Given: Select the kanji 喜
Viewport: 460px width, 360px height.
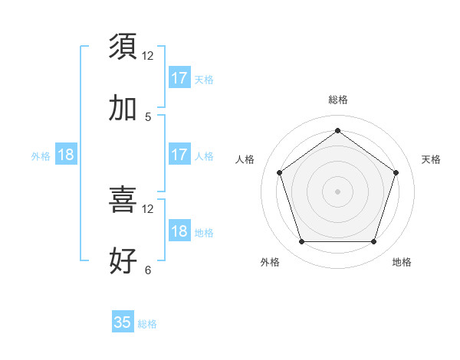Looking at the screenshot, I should click(123, 200).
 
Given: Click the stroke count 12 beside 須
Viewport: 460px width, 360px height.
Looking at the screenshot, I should click(148, 55).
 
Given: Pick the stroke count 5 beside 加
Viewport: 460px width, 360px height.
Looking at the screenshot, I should click(148, 117).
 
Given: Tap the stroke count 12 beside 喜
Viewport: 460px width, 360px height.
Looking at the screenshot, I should click(148, 209).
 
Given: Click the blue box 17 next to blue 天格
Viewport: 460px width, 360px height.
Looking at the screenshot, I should click(179, 78).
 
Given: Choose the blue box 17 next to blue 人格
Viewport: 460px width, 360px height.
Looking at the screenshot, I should click(179, 155).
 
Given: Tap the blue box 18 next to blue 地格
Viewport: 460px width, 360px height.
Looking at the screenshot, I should click(179, 231).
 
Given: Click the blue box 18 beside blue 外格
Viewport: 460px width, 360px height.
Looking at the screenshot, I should click(66, 155).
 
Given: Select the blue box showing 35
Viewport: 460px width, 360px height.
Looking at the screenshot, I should click(123, 322).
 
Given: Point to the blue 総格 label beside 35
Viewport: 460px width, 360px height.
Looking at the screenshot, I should click(147, 324).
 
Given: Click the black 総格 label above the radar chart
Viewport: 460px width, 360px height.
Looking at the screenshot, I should click(337, 100).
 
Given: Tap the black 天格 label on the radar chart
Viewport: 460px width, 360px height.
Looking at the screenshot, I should click(431, 159).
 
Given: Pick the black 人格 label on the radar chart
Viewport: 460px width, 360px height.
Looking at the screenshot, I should click(245, 159).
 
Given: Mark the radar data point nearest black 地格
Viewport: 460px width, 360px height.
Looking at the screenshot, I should click(373, 242).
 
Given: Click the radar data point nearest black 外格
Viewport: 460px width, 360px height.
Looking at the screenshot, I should click(301, 242).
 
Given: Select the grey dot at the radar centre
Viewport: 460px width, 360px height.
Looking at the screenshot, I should click(337, 191).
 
